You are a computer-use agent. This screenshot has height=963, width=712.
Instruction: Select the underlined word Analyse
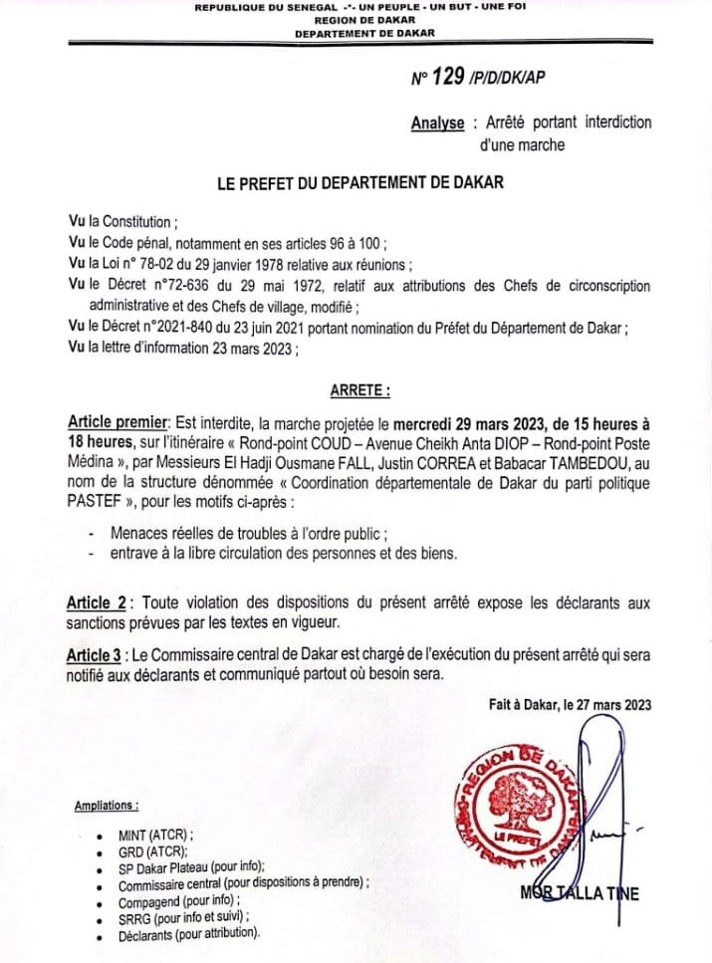coord(437,123)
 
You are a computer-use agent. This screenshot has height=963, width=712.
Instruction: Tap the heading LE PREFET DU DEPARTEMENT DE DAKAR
coord(360,183)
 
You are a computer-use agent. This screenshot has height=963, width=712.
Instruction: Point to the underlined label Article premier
coord(119,422)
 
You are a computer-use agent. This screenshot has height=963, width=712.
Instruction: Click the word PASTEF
coord(95,501)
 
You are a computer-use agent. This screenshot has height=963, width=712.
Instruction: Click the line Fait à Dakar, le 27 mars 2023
coord(570,705)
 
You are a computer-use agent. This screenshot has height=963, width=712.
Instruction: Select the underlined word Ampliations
coord(107,805)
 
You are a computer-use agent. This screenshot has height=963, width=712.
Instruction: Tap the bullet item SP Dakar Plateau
coord(184,867)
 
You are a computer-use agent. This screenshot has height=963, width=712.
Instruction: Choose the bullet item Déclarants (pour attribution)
coord(188,933)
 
